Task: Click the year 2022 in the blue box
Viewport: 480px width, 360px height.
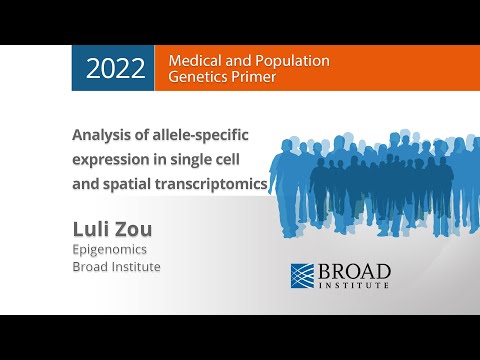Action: pyautogui.click(x=115, y=68)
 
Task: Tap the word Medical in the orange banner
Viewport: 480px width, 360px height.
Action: pyautogui.click(x=194, y=60)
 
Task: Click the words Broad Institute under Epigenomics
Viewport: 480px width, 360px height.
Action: pyautogui.click(x=116, y=268)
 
